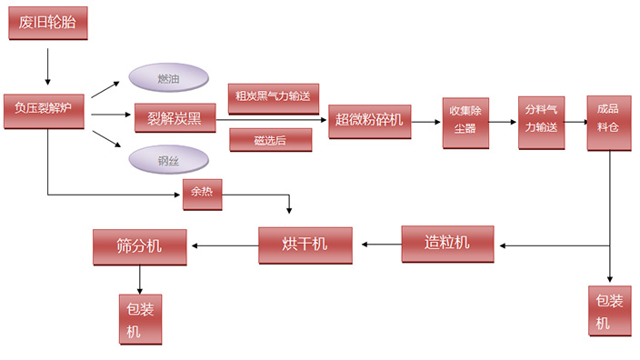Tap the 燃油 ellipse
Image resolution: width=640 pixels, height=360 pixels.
(x=168, y=79)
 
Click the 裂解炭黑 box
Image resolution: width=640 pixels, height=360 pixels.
(x=175, y=117)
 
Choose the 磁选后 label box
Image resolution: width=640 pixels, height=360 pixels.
(x=270, y=139)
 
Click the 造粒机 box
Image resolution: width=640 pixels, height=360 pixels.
(x=447, y=243)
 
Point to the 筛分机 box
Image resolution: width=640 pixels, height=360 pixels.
(x=139, y=245)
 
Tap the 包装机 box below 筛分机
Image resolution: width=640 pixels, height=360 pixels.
(x=140, y=318)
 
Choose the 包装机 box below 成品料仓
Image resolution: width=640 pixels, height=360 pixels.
(x=608, y=310)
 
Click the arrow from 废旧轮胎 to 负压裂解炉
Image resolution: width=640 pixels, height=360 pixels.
(x=47, y=65)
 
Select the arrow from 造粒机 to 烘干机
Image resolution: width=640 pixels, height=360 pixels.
(x=382, y=244)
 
